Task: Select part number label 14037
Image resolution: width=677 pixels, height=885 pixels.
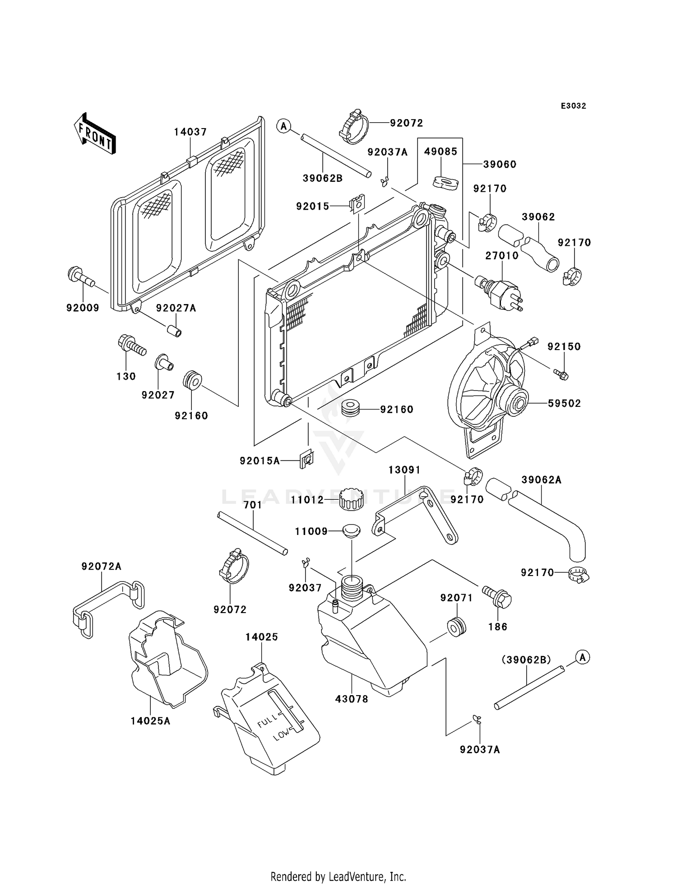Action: [x=190, y=132]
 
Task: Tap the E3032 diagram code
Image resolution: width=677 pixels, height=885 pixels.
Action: [x=573, y=106]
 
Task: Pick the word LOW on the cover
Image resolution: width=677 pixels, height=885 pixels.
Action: [x=281, y=735]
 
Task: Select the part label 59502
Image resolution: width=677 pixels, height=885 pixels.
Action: [x=564, y=403]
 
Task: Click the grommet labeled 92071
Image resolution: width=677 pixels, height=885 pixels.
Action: [x=456, y=627]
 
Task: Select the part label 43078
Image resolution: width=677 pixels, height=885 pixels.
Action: [x=352, y=699]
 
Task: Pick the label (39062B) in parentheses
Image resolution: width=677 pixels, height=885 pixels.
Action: [x=526, y=659]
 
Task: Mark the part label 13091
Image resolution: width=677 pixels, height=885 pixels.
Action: [x=404, y=470]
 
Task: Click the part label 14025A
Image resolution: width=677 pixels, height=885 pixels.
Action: [x=150, y=721]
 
